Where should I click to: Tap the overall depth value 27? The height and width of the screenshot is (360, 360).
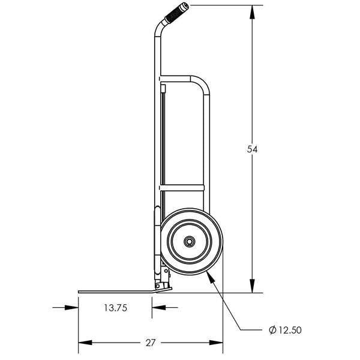click(x=150, y=343)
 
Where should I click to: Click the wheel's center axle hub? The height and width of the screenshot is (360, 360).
click(x=189, y=241)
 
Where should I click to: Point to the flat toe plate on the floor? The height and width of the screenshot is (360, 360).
click(x=114, y=292)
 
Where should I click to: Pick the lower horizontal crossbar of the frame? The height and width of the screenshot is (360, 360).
click(x=183, y=188)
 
